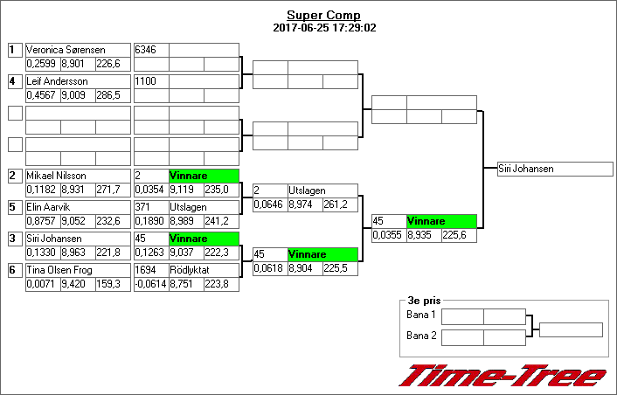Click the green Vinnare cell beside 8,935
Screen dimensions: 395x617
pyautogui.click(x=441, y=222)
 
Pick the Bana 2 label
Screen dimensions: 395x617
pyautogui.click(x=421, y=336)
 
